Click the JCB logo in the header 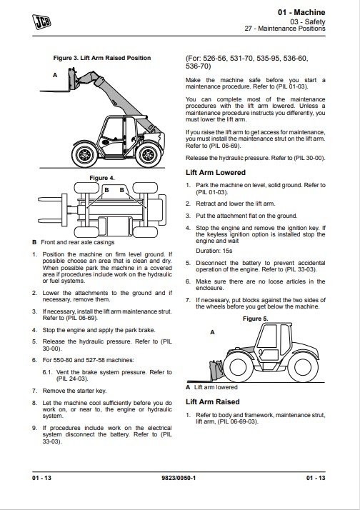point(41,22)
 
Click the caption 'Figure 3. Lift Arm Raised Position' point(102,58)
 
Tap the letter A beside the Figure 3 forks point(55,75)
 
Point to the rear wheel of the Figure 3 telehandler point(149,155)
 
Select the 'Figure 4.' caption point(102,178)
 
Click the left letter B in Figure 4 point(106,190)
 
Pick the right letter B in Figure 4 point(121,190)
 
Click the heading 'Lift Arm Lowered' point(216,172)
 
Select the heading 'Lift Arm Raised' point(213,401)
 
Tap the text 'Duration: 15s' point(214,251)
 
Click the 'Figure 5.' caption point(255,319)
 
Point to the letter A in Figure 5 point(212,332)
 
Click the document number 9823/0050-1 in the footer point(179,478)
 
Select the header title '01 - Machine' point(301,12)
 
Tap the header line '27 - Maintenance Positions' point(285,29)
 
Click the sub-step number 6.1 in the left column point(47,372)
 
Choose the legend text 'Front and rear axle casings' point(78,242)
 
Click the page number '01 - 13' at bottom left point(41,478)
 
